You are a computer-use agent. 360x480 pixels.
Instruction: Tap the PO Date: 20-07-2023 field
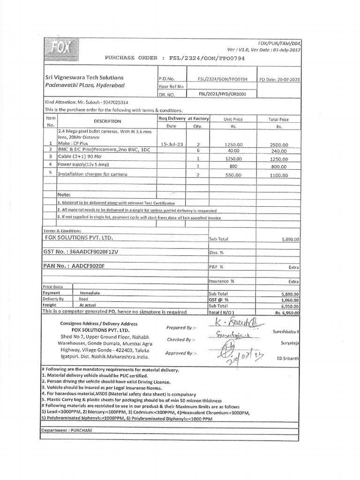280,79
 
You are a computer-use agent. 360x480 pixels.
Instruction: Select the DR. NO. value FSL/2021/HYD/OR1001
222,94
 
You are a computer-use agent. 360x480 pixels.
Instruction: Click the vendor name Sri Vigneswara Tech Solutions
84,77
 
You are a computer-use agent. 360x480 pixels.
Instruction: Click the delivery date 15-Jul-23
170,145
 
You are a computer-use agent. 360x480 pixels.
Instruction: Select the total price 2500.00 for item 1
279,145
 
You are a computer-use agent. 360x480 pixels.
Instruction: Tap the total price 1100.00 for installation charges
279,175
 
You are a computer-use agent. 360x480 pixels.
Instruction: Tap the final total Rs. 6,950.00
287,312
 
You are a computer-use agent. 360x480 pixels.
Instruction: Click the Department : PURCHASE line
67,430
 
